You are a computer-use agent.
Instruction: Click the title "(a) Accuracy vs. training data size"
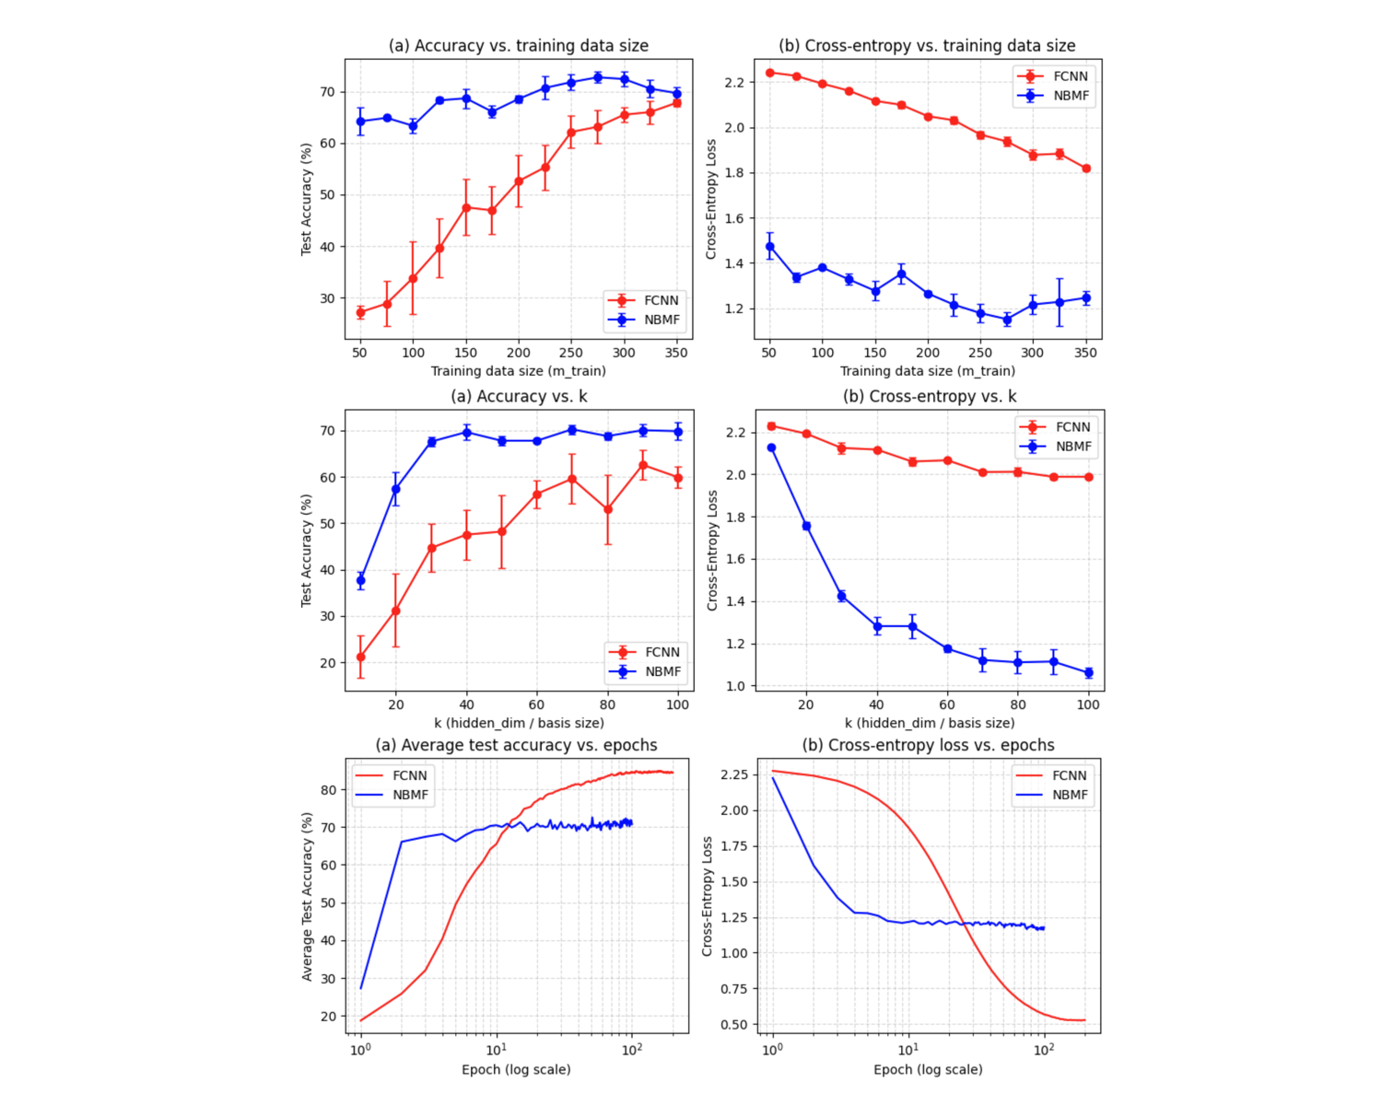point(518,45)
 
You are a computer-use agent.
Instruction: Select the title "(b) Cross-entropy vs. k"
point(930,396)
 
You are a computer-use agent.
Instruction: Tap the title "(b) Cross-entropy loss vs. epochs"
point(928,745)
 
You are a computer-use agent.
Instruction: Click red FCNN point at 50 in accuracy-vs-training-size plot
point(360,312)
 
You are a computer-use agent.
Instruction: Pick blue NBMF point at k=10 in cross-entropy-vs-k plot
point(771,448)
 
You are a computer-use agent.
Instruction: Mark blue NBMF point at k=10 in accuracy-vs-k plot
point(360,580)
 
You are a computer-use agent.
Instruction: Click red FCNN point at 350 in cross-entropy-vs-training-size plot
point(1086,169)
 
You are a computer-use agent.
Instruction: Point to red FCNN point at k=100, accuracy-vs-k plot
point(678,478)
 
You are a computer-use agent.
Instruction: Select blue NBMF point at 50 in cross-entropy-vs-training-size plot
point(769,247)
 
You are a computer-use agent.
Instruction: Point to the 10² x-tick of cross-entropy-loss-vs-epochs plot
point(1043,1050)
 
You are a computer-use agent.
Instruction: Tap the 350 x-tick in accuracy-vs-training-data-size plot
point(676,353)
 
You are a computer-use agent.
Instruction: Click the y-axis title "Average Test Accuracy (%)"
point(308,896)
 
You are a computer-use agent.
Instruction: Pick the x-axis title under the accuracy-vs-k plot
point(519,723)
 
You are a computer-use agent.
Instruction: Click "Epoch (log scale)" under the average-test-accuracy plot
point(516,1069)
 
